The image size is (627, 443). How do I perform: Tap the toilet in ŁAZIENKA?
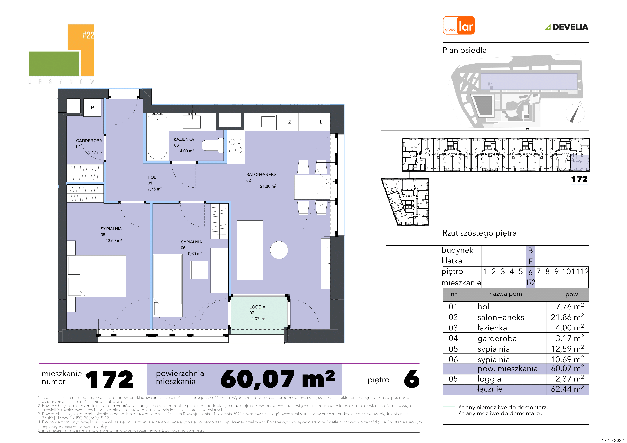213,145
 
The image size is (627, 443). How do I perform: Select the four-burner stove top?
235,146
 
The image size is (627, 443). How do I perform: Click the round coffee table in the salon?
279,250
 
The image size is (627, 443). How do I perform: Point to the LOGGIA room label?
257,307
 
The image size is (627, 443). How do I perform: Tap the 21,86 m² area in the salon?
268,186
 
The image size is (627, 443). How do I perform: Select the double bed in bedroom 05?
97,276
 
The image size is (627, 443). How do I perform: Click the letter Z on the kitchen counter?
290,122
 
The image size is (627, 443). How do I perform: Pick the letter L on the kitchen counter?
321,122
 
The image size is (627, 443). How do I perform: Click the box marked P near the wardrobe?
92,108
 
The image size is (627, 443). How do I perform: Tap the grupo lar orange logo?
459,25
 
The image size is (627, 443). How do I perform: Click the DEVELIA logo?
567,27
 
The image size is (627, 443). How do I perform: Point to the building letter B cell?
530,251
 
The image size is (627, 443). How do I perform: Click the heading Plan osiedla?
465,50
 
